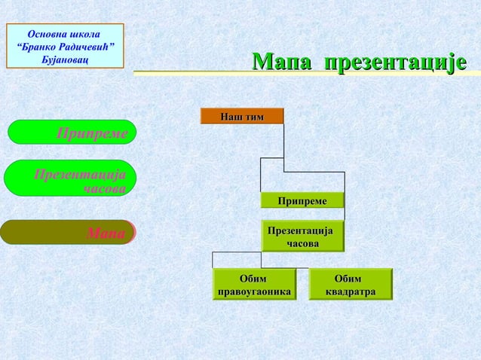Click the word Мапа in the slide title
point(280,63)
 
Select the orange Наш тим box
point(242,116)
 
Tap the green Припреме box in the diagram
point(302,200)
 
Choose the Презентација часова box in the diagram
point(302,236)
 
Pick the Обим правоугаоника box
point(253,285)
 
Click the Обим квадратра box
point(351,285)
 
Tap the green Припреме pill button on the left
point(72,133)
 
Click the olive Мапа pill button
point(68,233)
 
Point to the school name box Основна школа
point(65,46)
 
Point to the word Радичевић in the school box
point(81,47)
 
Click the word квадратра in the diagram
point(351,291)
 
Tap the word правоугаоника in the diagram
point(254,291)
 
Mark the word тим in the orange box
point(256,116)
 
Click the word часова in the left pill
point(105,188)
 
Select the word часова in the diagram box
point(302,243)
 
